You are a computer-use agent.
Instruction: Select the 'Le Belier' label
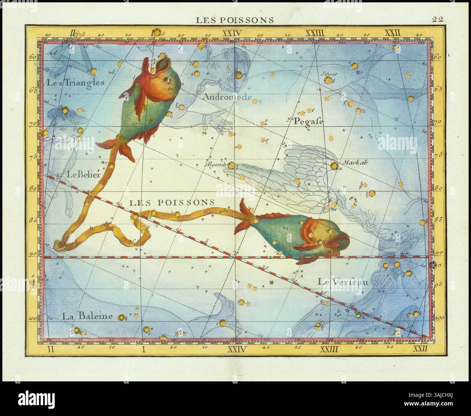coord(83,174)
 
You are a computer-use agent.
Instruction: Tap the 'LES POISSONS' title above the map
coord(235,20)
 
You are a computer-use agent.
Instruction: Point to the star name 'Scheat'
coord(329,74)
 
